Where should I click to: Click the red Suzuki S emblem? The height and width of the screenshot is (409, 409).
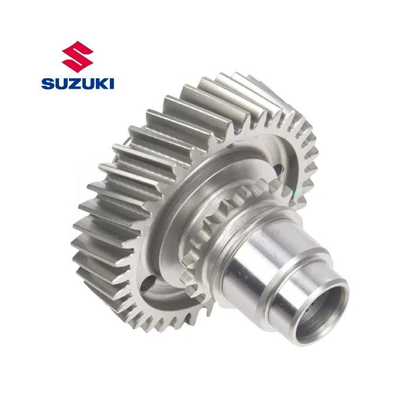coord(78,57)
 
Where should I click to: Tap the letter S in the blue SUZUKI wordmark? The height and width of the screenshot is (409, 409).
coord(47,84)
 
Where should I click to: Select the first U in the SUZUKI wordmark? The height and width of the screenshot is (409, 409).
coord(60,84)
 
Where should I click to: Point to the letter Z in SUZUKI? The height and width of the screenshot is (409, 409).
coord(73,84)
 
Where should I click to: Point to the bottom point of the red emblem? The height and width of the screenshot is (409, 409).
coord(78,72)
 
